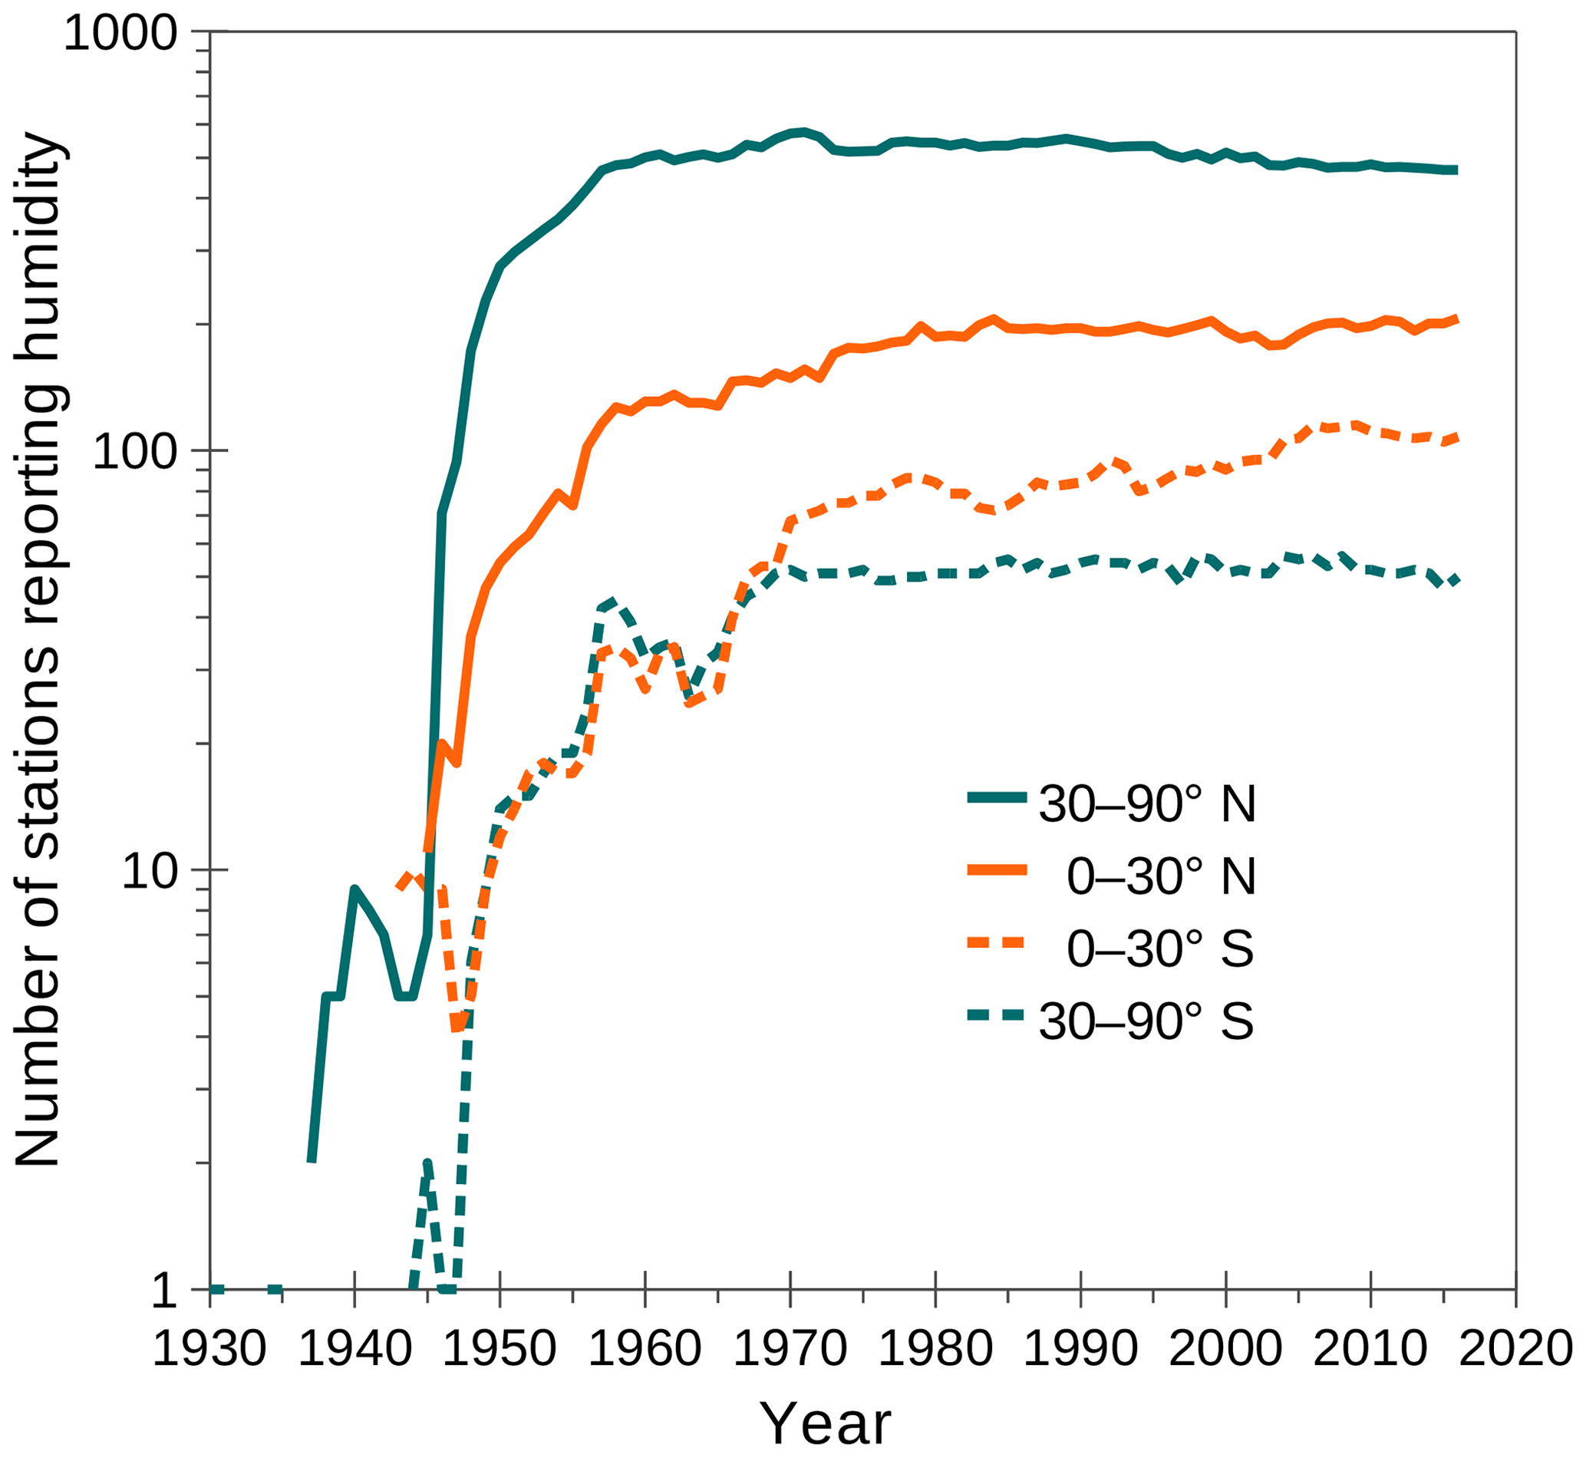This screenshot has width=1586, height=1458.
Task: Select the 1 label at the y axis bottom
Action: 164,1291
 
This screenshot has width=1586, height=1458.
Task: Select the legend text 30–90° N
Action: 1146,804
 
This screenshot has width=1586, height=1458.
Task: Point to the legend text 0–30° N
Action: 1161,876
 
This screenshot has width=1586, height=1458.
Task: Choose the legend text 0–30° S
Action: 1160,948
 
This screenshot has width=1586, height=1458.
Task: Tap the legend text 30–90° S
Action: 1146,1021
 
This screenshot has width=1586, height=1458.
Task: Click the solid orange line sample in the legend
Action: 997,869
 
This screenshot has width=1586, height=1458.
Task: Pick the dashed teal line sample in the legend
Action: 997,1014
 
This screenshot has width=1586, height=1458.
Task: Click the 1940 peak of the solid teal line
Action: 354,889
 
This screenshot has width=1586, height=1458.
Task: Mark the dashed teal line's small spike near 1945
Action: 427,1164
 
